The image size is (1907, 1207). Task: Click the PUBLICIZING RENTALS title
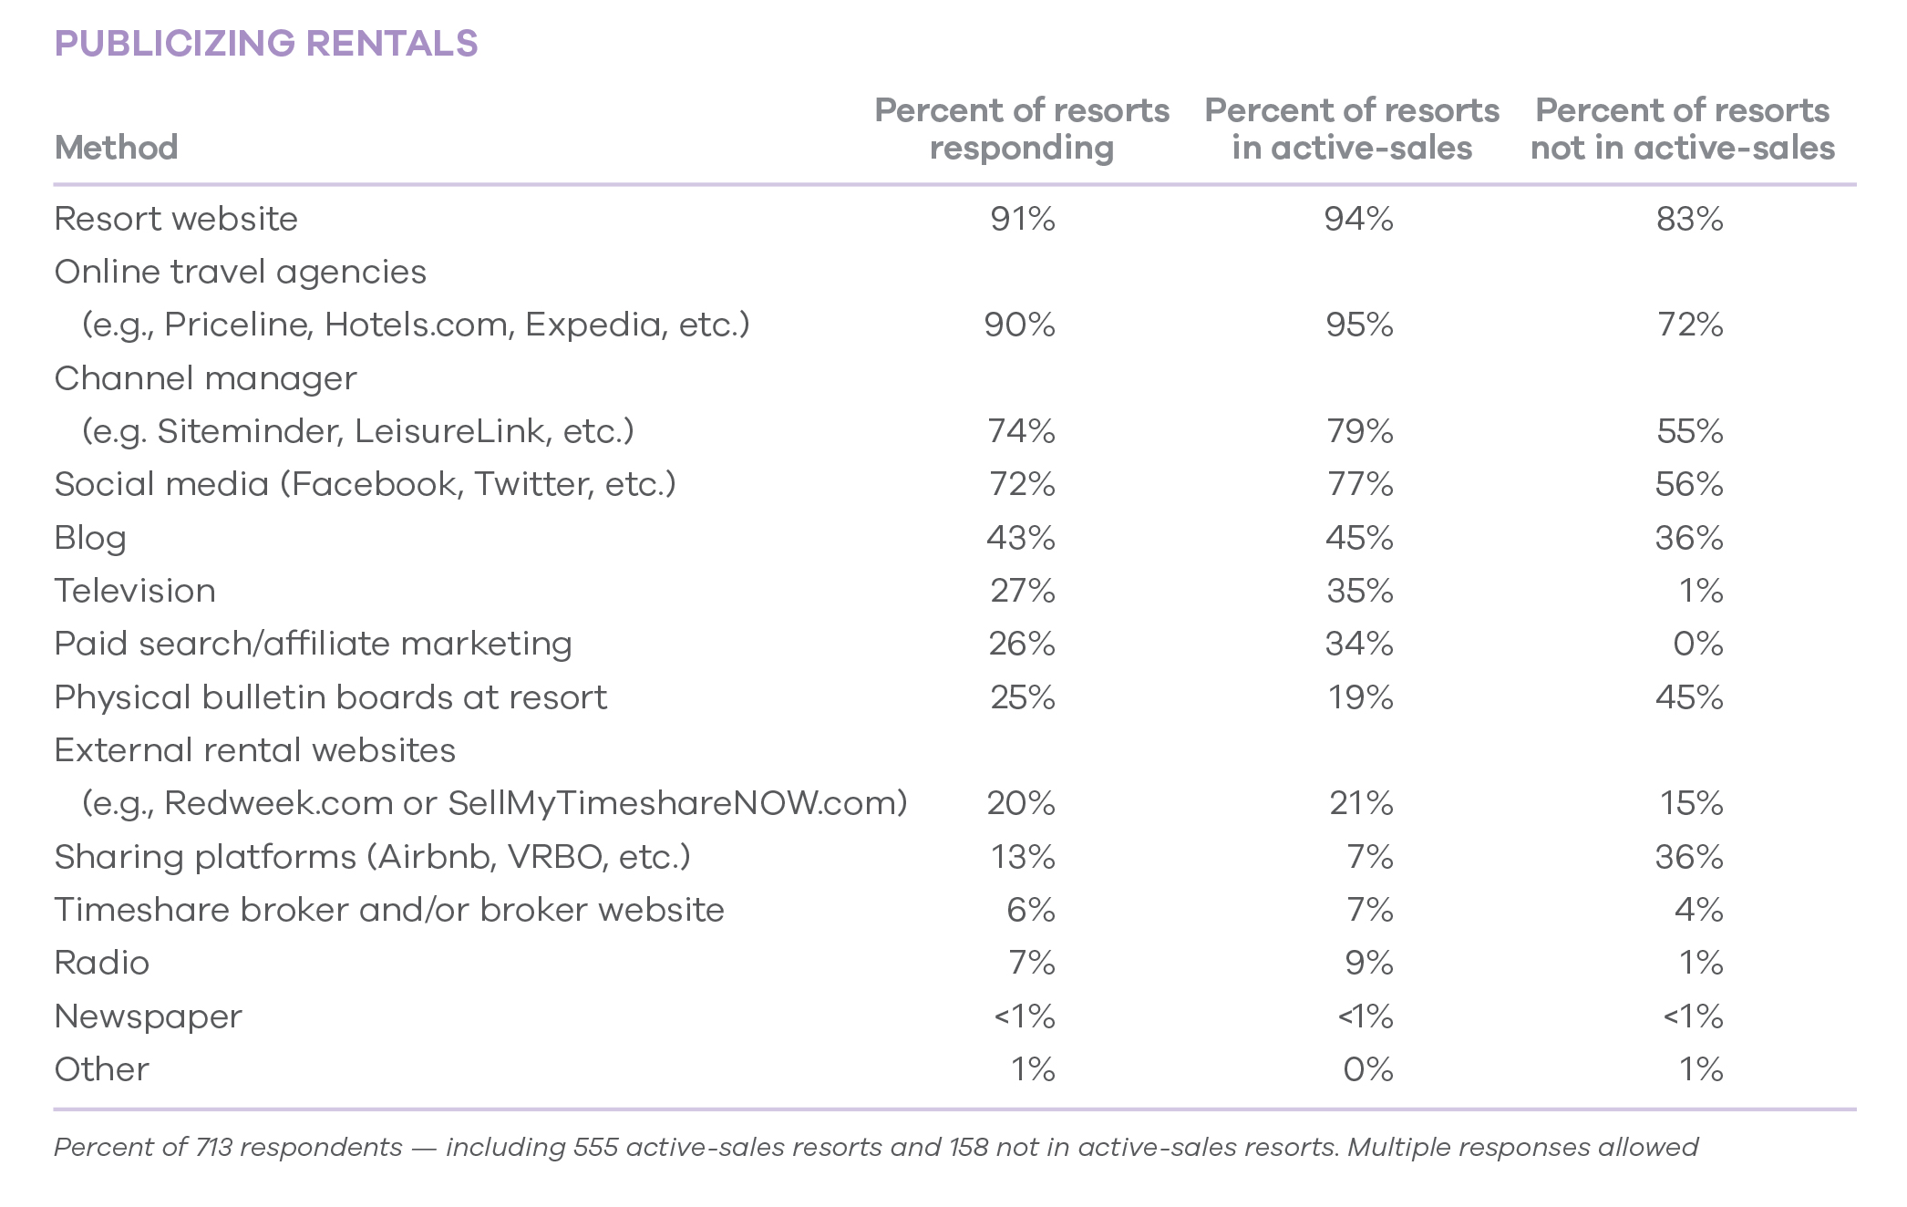click(x=265, y=44)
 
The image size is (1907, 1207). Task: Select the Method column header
click(x=116, y=148)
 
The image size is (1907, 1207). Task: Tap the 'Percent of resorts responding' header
click(x=1022, y=129)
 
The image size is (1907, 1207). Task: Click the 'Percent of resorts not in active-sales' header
click(x=1682, y=129)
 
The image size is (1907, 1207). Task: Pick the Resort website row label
click(x=176, y=219)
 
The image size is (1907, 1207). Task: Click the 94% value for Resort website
click(x=1358, y=219)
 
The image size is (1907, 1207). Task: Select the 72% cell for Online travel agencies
click(x=1690, y=325)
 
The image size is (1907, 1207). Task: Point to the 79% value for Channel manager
click(x=1359, y=431)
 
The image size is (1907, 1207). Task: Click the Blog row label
click(x=90, y=538)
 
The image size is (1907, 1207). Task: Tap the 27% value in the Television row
click(x=1022, y=591)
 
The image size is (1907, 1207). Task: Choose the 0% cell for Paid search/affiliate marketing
click(x=1697, y=644)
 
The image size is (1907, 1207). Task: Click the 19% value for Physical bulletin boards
click(x=1359, y=697)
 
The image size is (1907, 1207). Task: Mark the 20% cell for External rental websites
click(x=1020, y=803)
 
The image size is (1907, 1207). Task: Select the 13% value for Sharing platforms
click(x=1022, y=857)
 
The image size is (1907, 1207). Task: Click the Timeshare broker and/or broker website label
click(x=389, y=910)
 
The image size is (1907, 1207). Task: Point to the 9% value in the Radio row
click(x=1368, y=963)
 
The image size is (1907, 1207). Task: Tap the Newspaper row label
click(x=148, y=1016)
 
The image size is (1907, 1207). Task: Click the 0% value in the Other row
click(x=1367, y=1069)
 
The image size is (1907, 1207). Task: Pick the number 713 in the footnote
click(x=213, y=1147)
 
